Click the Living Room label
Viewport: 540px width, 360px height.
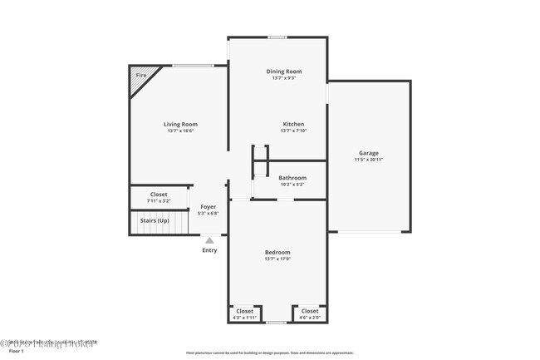pyautogui.click(x=180, y=124)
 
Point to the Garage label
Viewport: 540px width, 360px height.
pyautogui.click(x=369, y=153)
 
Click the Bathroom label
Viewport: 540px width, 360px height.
pyautogui.click(x=292, y=177)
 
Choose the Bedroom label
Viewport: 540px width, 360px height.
pyautogui.click(x=277, y=252)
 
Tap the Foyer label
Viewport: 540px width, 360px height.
pyautogui.click(x=209, y=206)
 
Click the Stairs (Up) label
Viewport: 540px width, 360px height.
pyautogui.click(x=154, y=220)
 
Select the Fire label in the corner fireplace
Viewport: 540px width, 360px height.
pyautogui.click(x=141, y=76)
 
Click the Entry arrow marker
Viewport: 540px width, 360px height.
pyautogui.click(x=209, y=240)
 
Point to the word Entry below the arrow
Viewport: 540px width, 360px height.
pyautogui.click(x=209, y=250)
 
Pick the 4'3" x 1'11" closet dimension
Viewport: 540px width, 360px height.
pyautogui.click(x=246, y=318)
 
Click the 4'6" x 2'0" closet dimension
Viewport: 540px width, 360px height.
pyautogui.click(x=309, y=318)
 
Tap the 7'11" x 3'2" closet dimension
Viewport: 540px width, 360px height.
pyautogui.click(x=159, y=201)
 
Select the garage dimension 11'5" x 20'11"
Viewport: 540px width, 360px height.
pyautogui.click(x=369, y=160)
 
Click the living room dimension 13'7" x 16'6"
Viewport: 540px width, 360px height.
pyautogui.click(x=180, y=131)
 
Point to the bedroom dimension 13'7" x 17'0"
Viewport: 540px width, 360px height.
pyautogui.click(x=277, y=259)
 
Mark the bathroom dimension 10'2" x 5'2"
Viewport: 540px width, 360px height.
pyautogui.click(x=292, y=184)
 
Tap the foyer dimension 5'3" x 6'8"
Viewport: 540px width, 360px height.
pyautogui.click(x=209, y=213)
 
